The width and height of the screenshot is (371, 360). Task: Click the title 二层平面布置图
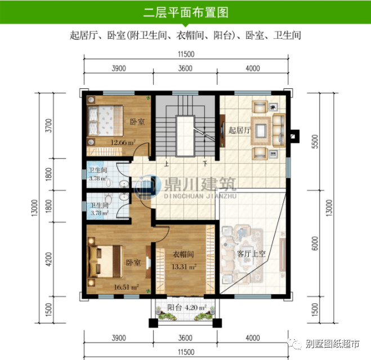[185, 12]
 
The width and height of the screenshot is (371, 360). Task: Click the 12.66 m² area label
[123, 142]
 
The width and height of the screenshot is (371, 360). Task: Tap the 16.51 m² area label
[126, 287]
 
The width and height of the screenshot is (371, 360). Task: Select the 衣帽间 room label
[184, 255]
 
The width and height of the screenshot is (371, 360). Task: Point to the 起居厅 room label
[239, 130]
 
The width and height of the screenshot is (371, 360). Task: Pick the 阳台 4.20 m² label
[187, 308]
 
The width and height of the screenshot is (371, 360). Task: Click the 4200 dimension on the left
[50, 260]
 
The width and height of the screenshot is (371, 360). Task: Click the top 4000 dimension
[253, 69]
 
